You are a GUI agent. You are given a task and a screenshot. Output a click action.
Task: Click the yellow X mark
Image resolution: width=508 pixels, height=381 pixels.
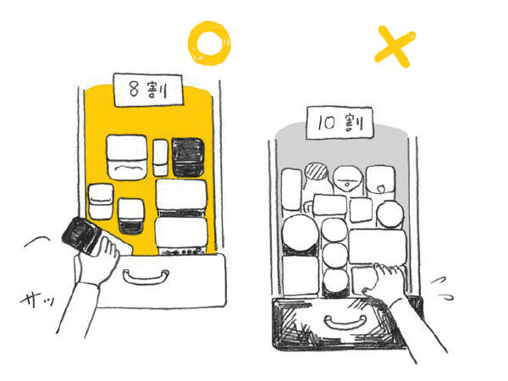click(x=395, y=47)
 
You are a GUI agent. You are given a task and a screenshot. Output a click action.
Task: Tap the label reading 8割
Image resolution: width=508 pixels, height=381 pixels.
click(x=148, y=90)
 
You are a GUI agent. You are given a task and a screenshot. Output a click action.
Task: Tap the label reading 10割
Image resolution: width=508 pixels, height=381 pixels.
click(x=340, y=123)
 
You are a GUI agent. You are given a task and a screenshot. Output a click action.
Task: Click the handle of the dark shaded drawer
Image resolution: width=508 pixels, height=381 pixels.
click(x=345, y=323)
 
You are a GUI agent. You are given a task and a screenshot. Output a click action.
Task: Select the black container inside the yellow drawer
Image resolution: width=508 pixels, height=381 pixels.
click(x=188, y=157)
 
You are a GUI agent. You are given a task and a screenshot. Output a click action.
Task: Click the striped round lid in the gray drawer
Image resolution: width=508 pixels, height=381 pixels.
click(x=316, y=171)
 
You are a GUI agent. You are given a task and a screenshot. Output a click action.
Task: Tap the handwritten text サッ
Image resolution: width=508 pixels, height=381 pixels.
click(x=37, y=300)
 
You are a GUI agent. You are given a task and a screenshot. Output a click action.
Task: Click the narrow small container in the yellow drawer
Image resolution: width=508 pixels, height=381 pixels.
click(x=160, y=157)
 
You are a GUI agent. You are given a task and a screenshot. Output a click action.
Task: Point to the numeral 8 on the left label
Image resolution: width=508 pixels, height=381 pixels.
click(x=134, y=89)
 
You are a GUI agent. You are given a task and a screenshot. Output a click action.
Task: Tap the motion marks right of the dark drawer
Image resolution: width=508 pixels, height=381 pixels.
click(x=442, y=289)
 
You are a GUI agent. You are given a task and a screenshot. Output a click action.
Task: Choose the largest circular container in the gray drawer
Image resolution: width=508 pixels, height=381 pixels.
click(x=300, y=233)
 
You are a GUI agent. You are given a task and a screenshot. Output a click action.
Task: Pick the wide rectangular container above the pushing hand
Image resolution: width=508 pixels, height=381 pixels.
click(x=378, y=246)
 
